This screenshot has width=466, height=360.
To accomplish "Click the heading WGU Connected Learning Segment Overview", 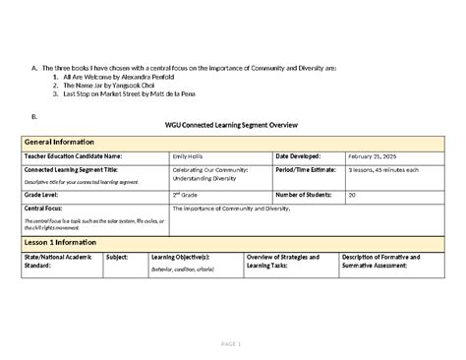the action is point(232,127).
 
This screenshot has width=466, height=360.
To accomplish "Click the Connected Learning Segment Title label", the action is point(79,169).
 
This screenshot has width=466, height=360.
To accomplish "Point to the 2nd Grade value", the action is point(188,195).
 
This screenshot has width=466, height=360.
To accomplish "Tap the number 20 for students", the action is point(352,195).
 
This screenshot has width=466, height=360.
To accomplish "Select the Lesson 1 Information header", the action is point(64,242).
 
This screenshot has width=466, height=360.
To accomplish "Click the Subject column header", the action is point(116,257).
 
